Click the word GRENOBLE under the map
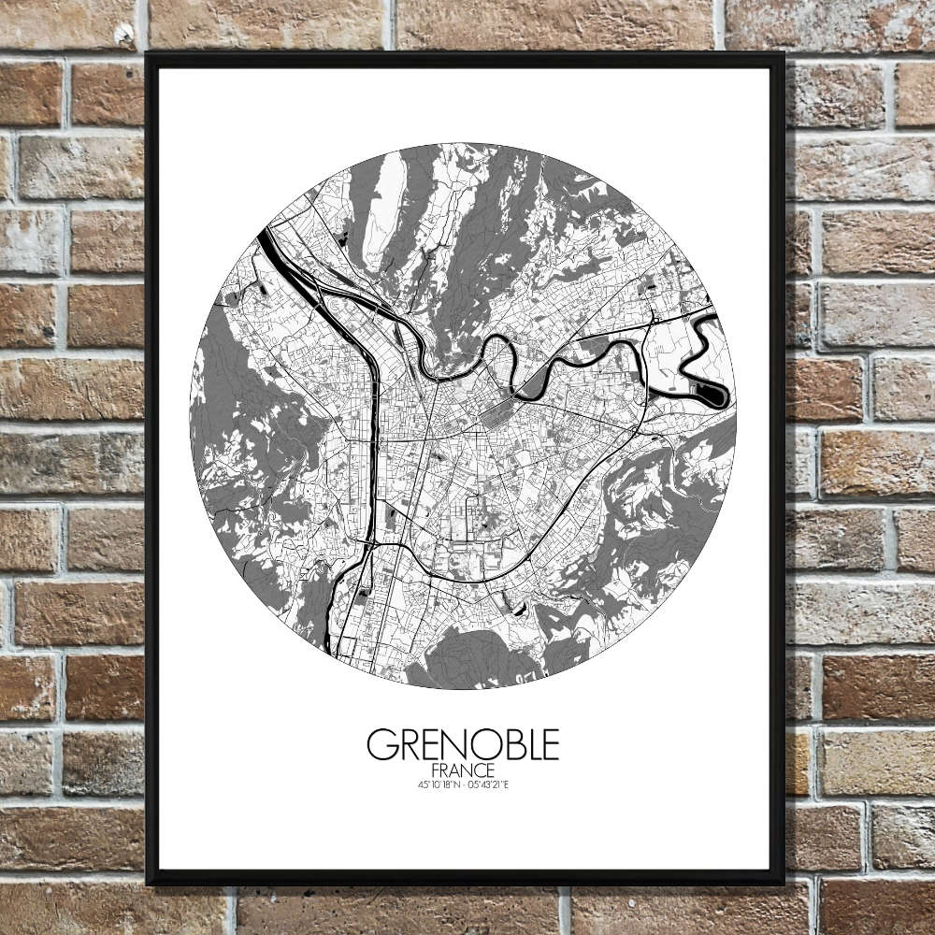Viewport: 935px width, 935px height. pyautogui.click(x=463, y=744)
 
